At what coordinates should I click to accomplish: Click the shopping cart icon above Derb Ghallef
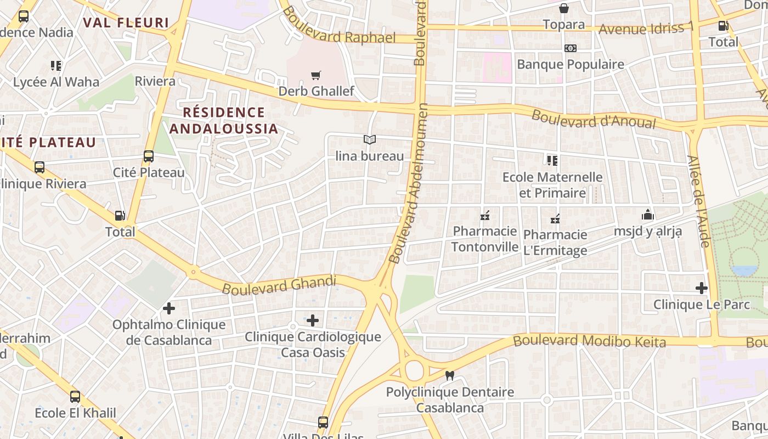[x=315, y=75]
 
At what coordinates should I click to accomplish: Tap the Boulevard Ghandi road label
[x=279, y=285]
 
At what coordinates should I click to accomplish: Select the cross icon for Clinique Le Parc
[x=701, y=288]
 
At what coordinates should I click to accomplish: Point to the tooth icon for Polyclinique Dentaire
[x=450, y=376]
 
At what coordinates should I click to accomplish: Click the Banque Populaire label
[x=571, y=64]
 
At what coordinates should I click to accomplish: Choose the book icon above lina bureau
[x=370, y=140]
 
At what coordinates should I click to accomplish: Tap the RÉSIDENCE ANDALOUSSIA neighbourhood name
[x=223, y=121]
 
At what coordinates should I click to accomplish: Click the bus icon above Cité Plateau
[x=149, y=156]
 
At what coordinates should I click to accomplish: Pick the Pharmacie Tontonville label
[x=485, y=239]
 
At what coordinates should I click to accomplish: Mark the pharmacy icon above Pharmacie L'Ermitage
[x=555, y=219]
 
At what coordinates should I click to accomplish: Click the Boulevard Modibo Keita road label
[x=589, y=341]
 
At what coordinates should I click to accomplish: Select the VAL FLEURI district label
[x=126, y=22]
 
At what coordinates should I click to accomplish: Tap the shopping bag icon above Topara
[x=563, y=8]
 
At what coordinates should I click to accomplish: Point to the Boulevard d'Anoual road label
[x=594, y=119]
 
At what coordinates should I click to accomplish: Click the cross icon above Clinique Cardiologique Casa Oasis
[x=313, y=320]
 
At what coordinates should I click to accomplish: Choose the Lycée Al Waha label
[x=56, y=82]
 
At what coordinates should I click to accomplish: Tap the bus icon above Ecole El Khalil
[x=75, y=396]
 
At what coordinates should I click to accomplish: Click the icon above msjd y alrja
[x=647, y=215]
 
